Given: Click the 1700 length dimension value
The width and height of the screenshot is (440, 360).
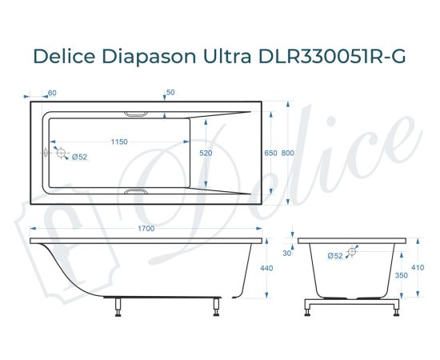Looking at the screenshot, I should pos(146,230).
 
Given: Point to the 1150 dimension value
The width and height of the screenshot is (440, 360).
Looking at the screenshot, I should pos(118,142).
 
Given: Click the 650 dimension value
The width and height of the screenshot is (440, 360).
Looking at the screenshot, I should pos(271,152).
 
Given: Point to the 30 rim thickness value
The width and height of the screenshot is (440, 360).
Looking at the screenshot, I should pos(287,254).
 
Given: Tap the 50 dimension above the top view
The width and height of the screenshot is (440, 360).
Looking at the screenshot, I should pos(170,93).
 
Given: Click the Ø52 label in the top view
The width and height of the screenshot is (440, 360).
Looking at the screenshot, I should pos(79,157).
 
